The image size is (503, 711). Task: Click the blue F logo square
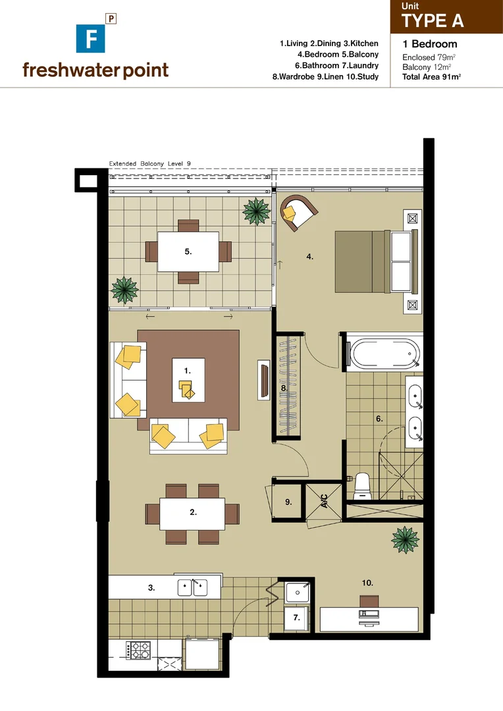[88, 38]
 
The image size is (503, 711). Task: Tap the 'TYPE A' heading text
[433, 20]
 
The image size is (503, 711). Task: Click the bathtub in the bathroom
[384, 354]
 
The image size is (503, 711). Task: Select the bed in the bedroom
[376, 261]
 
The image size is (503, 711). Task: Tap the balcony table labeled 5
[188, 251]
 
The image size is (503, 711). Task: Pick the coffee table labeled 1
[188, 380]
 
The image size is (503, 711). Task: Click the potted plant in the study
[405, 540]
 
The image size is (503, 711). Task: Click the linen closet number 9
[288, 502]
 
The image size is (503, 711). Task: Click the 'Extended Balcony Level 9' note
[149, 163]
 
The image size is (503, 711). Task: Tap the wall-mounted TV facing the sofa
[264, 381]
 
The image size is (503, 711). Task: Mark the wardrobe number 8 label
[283, 388]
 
